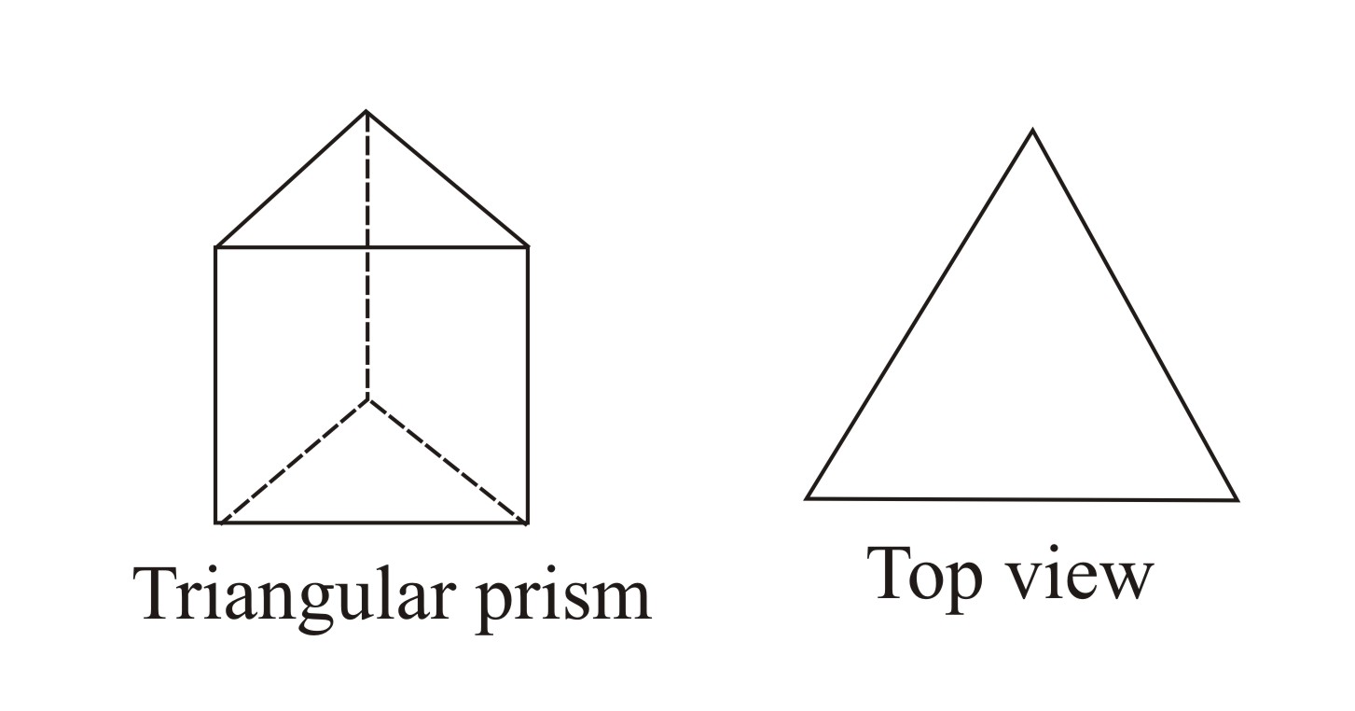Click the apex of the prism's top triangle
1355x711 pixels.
point(366,111)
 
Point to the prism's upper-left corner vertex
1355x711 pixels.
point(216,247)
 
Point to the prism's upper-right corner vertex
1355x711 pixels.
point(528,247)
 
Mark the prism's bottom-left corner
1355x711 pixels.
point(216,523)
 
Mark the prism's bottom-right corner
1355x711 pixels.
point(528,523)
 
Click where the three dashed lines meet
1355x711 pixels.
point(367,398)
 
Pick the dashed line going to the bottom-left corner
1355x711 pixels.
point(292,461)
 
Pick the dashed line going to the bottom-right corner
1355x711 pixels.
point(448,461)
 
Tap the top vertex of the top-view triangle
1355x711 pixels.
point(1031,131)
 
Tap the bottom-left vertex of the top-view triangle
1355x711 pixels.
point(808,498)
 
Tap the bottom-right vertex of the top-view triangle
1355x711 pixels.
point(1237,500)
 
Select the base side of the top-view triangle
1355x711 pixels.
point(1022,499)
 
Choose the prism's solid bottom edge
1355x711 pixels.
point(372,523)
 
